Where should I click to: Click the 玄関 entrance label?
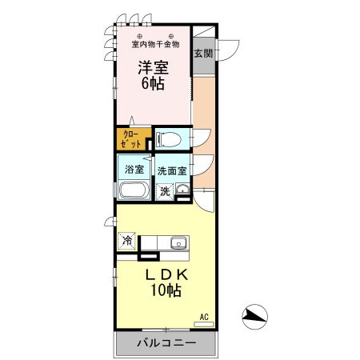203,54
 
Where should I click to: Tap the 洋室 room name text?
153,69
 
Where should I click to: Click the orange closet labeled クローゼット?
132,138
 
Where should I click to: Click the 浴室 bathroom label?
134,169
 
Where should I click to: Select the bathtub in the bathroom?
133,190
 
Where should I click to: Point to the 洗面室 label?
172,170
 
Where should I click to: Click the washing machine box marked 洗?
165,192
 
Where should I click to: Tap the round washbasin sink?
182,190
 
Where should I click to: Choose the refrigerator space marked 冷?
126,239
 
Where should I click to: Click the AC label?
204,317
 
